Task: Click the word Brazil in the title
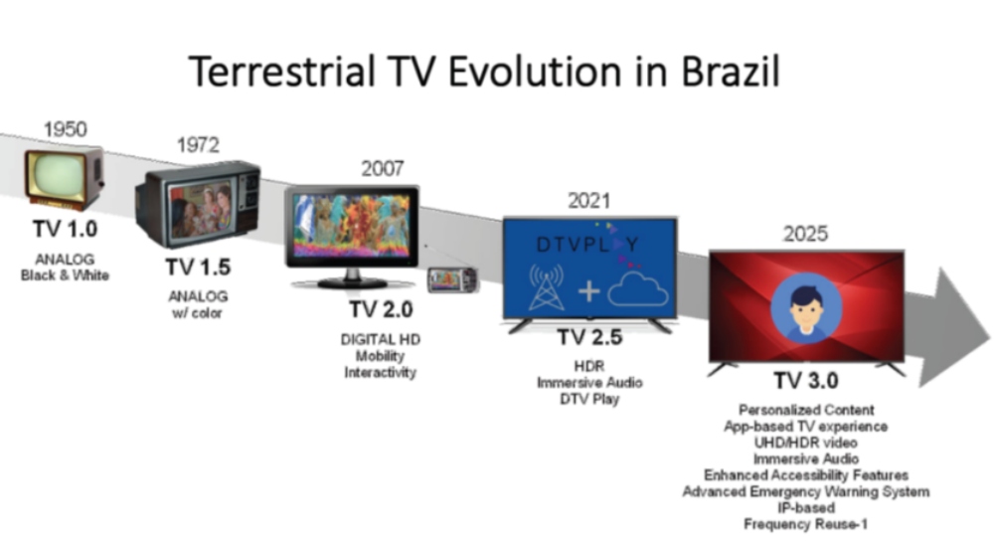click(730, 71)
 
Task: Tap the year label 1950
click(66, 129)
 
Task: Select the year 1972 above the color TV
click(199, 145)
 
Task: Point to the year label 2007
click(383, 169)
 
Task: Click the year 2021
click(588, 201)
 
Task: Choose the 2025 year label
click(805, 234)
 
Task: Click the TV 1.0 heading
click(66, 229)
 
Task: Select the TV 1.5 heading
click(199, 268)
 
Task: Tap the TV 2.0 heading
click(381, 309)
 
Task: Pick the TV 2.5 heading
click(589, 337)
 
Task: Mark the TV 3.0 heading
click(806, 381)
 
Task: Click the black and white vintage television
click(64, 178)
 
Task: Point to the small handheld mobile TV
click(452, 280)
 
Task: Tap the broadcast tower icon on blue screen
click(547, 286)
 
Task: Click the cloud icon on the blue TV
click(638, 290)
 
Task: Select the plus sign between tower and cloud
click(588, 291)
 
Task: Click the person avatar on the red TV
click(806, 309)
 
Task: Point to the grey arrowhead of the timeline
click(954, 327)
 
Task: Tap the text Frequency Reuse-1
click(805, 525)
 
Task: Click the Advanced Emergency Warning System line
click(806, 491)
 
